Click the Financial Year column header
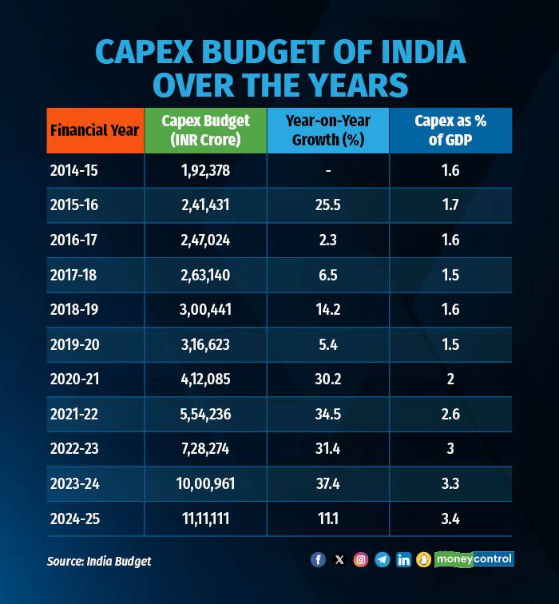[95, 130]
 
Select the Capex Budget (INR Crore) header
[205, 130]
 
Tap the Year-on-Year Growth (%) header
[327, 130]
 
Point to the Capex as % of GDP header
[450, 130]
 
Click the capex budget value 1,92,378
[205, 170]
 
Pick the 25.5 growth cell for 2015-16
[327, 205]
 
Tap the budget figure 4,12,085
[205, 379]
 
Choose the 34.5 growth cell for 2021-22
[327, 414]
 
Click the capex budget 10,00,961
[205, 483]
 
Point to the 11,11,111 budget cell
[205, 519]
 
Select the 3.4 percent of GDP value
[450, 519]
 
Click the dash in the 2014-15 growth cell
[327, 170]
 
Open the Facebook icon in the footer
[318, 560]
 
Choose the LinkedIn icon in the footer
[404, 560]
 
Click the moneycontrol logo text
[474, 559]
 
